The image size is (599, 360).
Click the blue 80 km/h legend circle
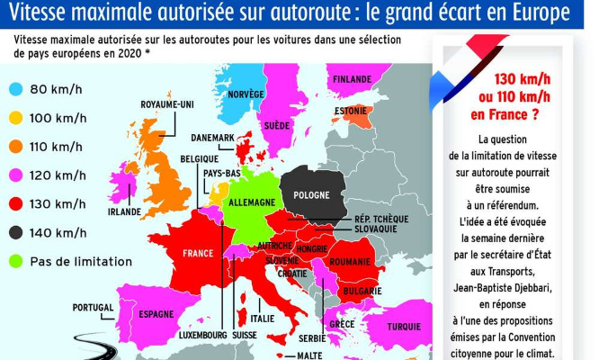(x=18, y=89)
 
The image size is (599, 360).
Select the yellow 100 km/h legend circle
(x=18, y=118)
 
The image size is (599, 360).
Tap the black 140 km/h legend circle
(x=18, y=232)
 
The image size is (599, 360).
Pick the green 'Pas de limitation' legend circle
(x=18, y=261)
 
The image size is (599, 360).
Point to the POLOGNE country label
(x=311, y=195)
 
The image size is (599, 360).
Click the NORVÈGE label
(x=246, y=94)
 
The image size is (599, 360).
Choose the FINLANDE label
(x=352, y=78)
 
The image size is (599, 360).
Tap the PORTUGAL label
(x=93, y=307)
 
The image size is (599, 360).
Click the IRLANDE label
(x=124, y=212)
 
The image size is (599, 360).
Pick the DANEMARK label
(x=213, y=138)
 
